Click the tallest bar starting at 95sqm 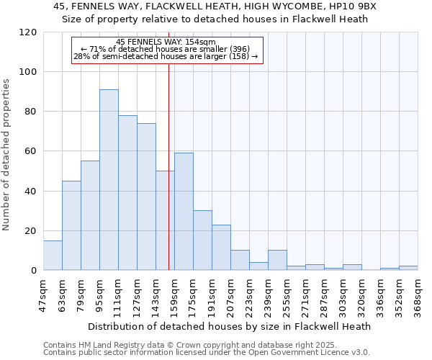pos(109,180)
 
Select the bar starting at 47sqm pos(53,256)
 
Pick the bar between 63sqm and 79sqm pos(71,225)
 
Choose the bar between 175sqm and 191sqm pos(202,240)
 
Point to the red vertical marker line pos(168,166)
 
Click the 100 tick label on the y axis pos(29,72)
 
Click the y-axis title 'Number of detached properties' pos(7,156)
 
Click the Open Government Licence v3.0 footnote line pos(207,352)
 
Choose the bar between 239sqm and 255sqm pos(277,261)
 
